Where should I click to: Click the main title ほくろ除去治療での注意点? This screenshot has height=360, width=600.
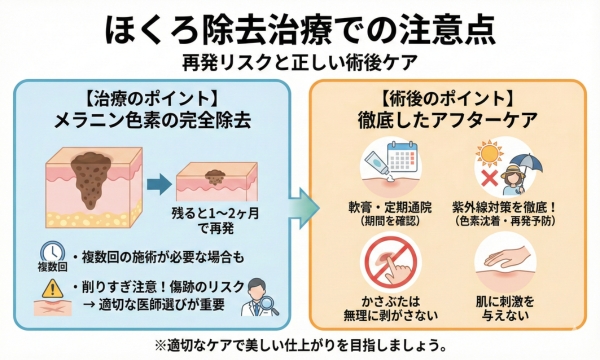(300, 28)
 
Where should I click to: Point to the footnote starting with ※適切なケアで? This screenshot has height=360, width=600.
(300, 343)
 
